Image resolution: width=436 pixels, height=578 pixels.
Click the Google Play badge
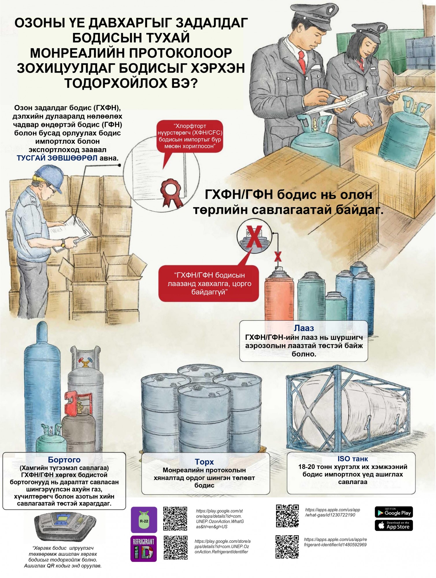point(394,512)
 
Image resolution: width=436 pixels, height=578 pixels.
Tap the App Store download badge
point(394,525)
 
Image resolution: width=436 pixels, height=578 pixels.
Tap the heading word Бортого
point(64,460)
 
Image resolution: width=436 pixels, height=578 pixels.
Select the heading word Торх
point(204,462)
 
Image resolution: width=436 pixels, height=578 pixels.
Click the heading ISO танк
point(353,459)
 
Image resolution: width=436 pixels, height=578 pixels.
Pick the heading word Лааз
point(304,328)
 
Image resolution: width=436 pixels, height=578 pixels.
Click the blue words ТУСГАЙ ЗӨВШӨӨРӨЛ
point(57,158)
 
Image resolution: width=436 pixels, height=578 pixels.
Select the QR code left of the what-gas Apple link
point(287,516)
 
